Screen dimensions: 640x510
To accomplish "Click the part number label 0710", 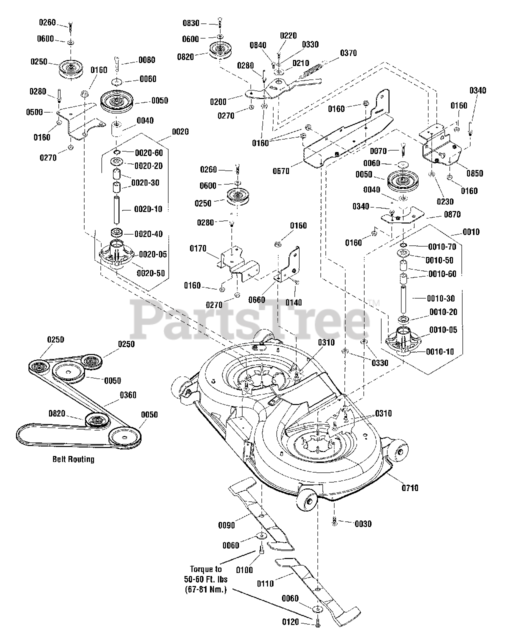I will (x=409, y=487).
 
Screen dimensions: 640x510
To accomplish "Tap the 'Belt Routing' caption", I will (x=73, y=459).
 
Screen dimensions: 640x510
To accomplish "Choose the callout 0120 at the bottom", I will (x=290, y=622).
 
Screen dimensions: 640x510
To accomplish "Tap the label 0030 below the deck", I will (x=363, y=523).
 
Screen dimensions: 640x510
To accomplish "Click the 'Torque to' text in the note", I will (x=205, y=569).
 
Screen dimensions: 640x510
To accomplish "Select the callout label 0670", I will (x=281, y=171).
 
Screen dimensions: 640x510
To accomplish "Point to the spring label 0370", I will (x=348, y=53).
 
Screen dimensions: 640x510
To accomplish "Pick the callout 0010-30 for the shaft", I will (x=440, y=298).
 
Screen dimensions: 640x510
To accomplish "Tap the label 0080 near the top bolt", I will (x=146, y=60).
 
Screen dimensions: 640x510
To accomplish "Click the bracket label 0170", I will (x=198, y=248).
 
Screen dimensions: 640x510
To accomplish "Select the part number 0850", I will (x=474, y=173).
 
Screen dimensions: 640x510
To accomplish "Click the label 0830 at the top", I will (x=190, y=23).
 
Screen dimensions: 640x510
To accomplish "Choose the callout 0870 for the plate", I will (x=452, y=214).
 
